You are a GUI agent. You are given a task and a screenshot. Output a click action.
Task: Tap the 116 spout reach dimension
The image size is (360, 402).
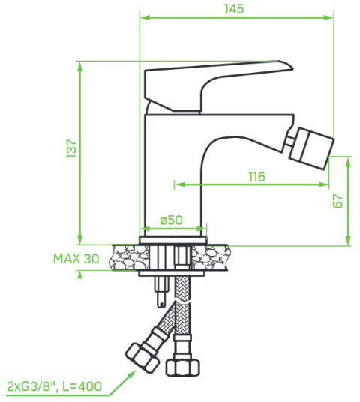256,177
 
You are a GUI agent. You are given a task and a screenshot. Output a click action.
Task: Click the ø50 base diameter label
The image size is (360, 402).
172,220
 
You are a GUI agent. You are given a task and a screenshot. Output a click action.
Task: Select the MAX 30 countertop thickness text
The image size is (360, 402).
76,258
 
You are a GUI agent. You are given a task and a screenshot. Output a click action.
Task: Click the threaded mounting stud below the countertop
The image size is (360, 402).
160,290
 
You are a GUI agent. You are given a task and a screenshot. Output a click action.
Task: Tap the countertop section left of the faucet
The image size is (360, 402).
128,257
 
